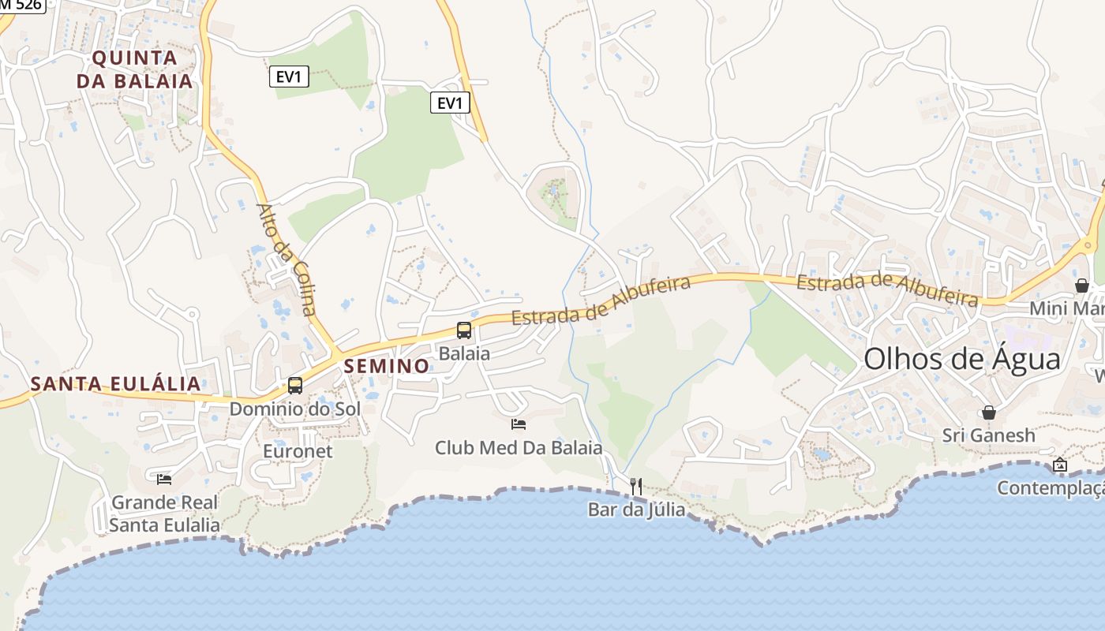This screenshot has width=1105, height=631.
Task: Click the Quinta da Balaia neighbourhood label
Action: (134, 69)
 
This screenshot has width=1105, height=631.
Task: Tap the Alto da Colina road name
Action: (286, 259)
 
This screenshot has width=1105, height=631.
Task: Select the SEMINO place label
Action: (387, 366)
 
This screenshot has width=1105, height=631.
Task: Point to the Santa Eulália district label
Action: (115, 384)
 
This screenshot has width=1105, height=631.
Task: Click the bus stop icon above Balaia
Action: (464, 330)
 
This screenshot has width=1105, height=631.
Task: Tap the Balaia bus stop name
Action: (464, 353)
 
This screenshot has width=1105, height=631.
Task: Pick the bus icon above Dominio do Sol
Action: (295, 386)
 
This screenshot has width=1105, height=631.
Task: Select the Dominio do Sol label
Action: (294, 409)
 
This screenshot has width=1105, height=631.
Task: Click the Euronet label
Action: (298, 452)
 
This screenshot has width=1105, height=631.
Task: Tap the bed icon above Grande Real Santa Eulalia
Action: (164, 479)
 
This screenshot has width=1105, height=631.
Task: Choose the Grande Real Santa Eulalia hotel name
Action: (164, 513)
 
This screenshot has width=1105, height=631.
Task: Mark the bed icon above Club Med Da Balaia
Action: (519, 424)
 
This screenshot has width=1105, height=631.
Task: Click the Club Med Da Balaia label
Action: (519, 448)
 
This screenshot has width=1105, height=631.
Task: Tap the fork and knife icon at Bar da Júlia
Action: (636, 487)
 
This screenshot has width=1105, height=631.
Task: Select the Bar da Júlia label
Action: (636, 510)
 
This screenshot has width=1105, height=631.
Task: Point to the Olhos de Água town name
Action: (961, 360)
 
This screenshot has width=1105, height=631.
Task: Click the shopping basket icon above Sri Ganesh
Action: (988, 413)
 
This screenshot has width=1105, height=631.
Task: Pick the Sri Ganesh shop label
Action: (988, 435)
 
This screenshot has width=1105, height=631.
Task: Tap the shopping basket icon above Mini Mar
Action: (1081, 286)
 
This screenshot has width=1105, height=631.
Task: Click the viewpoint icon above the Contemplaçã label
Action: (1059, 465)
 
